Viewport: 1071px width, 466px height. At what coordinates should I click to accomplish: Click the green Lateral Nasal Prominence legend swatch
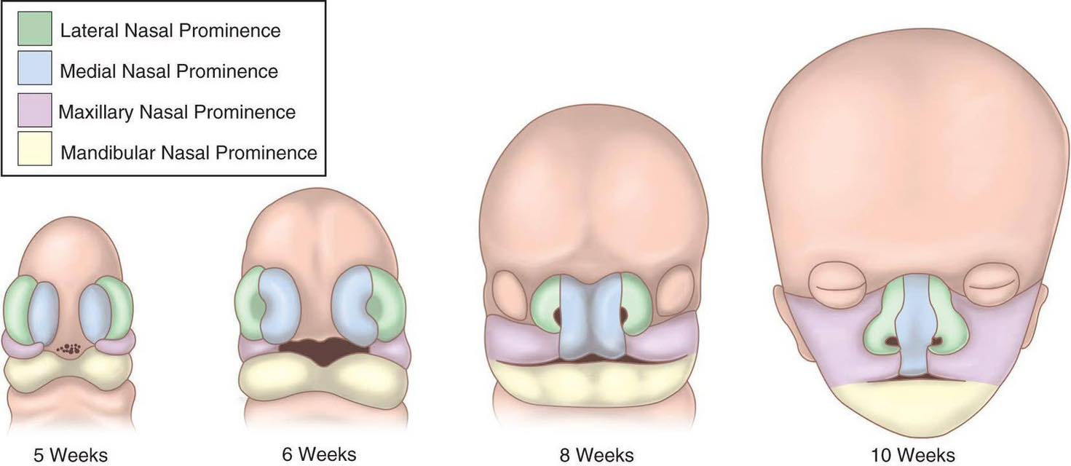35,28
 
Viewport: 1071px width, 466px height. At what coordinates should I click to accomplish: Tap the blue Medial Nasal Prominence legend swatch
35,68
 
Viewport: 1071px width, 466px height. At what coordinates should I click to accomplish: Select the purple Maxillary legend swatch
35,110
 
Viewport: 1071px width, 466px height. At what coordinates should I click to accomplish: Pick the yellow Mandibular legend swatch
35,149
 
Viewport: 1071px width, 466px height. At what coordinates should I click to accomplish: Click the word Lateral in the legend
90,31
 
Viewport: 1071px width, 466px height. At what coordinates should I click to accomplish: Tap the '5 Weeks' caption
71,455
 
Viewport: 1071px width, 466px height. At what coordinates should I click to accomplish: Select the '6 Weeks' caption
319,454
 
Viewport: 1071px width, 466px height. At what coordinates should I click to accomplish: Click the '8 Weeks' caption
597,455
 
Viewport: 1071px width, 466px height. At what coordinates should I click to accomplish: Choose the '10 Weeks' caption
913,455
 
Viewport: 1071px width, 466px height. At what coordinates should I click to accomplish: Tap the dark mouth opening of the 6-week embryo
324,351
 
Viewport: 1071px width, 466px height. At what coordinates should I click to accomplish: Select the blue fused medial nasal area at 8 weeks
592,318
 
